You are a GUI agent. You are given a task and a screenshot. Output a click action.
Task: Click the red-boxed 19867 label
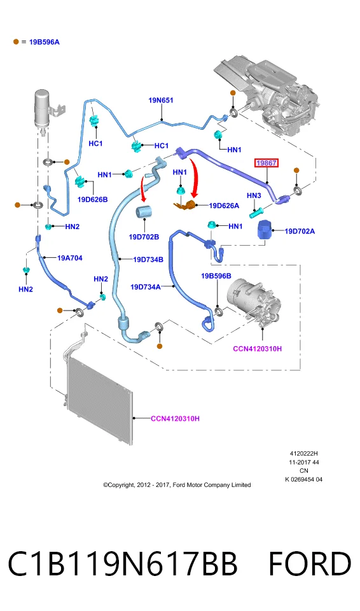267,163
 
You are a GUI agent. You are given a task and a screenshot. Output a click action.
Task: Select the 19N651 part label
161,100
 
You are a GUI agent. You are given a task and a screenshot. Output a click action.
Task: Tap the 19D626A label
224,206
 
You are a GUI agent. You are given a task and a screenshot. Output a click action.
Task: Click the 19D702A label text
300,231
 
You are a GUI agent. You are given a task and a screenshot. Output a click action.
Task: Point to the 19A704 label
70,258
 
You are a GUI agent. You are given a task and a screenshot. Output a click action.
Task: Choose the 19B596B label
216,276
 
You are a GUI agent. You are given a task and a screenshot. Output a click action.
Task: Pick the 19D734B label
148,260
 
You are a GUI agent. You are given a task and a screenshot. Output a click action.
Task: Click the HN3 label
254,195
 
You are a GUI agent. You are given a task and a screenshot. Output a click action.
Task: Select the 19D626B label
92,199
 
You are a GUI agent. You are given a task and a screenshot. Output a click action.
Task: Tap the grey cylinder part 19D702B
144,214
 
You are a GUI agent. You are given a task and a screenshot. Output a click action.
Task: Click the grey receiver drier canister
42,108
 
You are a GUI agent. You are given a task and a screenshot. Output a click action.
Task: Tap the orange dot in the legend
16,42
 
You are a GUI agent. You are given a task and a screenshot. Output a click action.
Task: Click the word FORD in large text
310,564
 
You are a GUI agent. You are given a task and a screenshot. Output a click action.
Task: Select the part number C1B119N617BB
122,564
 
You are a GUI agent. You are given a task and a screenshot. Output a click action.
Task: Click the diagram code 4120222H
303,454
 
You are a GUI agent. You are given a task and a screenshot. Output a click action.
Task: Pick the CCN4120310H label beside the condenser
175,419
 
